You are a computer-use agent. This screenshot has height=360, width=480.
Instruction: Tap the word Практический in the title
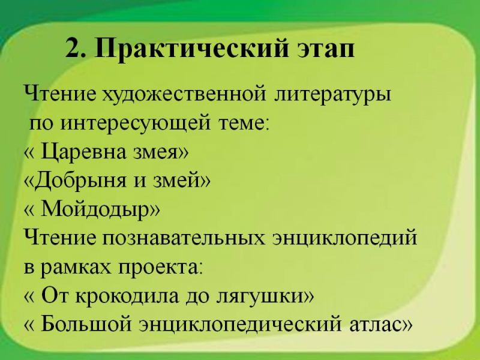tap(191, 49)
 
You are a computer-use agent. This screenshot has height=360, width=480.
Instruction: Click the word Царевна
tap(83, 152)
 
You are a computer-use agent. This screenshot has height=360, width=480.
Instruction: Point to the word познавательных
tap(183, 238)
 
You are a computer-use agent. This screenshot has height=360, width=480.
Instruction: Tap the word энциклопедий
tap(344, 237)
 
